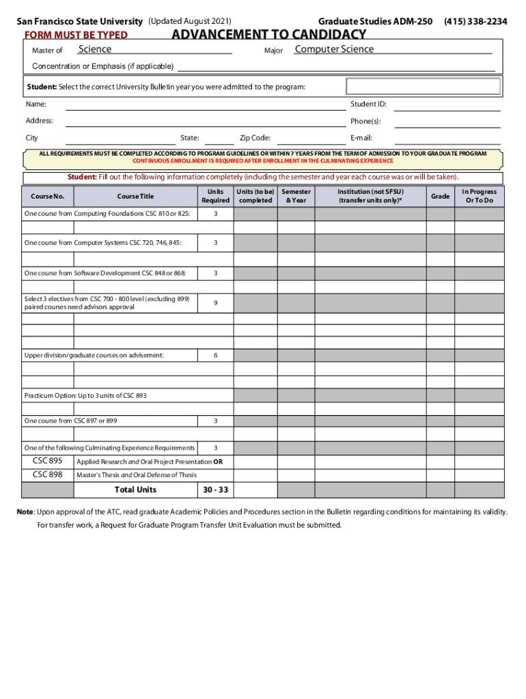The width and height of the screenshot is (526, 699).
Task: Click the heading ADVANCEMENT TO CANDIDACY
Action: pyautogui.click(x=268, y=35)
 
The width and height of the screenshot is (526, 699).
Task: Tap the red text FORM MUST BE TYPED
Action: pyautogui.click(x=76, y=35)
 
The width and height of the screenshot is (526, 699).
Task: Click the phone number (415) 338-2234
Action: pyautogui.click(x=475, y=22)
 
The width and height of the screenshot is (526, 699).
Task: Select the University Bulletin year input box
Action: pyautogui.click(x=424, y=87)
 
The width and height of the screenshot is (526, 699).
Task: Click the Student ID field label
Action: pyautogui.click(x=368, y=104)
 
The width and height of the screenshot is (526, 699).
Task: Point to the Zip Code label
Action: pyautogui.click(x=255, y=138)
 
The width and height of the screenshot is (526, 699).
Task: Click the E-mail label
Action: pyautogui.click(x=361, y=138)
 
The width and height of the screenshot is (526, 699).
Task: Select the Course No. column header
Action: pyautogui.click(x=48, y=197)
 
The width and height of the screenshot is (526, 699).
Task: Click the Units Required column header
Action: pyautogui.click(x=215, y=197)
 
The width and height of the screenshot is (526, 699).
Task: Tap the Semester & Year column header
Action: pyautogui.click(x=296, y=197)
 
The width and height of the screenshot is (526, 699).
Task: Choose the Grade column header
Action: pyautogui.click(x=440, y=197)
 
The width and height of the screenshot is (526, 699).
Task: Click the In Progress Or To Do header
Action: pyautogui.click(x=479, y=197)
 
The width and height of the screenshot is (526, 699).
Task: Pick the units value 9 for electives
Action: pyautogui.click(x=215, y=303)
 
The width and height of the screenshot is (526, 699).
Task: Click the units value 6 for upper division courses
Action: pyautogui.click(x=215, y=356)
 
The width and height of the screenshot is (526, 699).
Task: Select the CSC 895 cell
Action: pyautogui.click(x=48, y=461)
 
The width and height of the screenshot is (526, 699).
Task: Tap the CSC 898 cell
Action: pyautogui.click(x=48, y=474)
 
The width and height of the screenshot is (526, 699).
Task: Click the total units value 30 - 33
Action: pyautogui.click(x=215, y=490)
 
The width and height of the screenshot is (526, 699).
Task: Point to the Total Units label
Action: pyautogui.click(x=135, y=490)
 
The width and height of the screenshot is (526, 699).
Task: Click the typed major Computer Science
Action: pyautogui.click(x=334, y=49)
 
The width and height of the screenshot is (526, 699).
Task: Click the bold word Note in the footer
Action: pyautogui.click(x=25, y=512)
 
